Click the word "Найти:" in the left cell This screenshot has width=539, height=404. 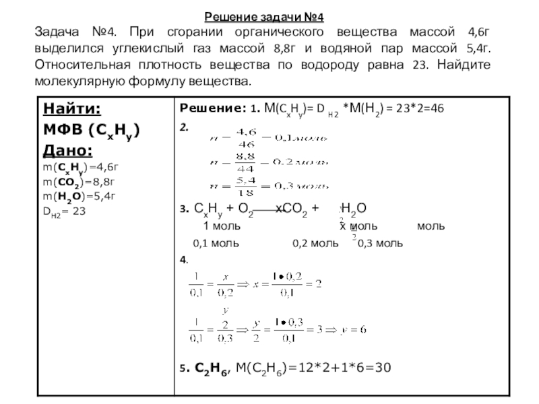pyautogui.click(x=72, y=110)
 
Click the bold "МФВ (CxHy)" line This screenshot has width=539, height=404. pyautogui.click(x=91, y=130)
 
